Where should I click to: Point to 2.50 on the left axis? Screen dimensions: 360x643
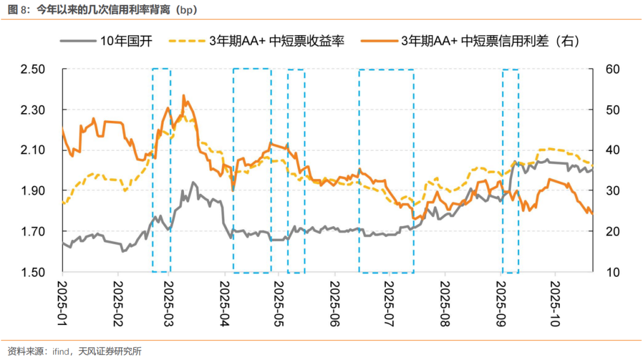(33, 70)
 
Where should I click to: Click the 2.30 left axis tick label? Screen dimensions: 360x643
(33, 110)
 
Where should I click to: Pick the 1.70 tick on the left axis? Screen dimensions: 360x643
(33, 231)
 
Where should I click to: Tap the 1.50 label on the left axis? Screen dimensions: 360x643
(33, 272)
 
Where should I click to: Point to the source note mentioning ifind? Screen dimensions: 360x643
(74, 350)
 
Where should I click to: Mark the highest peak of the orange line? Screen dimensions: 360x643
(183, 95)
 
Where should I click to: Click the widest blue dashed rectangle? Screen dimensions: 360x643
(386, 171)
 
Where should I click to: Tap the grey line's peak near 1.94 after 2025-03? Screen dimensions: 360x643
(193, 183)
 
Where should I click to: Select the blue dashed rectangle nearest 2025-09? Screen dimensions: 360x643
(510, 171)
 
